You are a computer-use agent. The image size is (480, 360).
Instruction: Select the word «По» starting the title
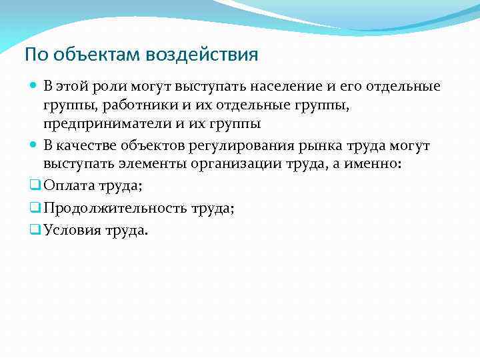(x=34, y=55)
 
